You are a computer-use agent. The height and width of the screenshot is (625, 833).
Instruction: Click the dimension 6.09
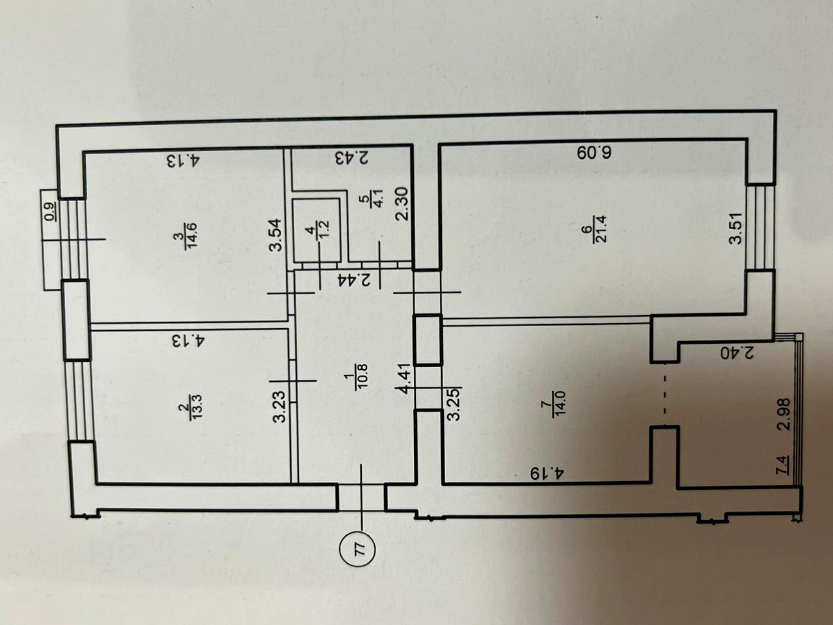click(x=595, y=152)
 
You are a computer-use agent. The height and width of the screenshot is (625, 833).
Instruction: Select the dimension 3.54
click(x=275, y=234)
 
